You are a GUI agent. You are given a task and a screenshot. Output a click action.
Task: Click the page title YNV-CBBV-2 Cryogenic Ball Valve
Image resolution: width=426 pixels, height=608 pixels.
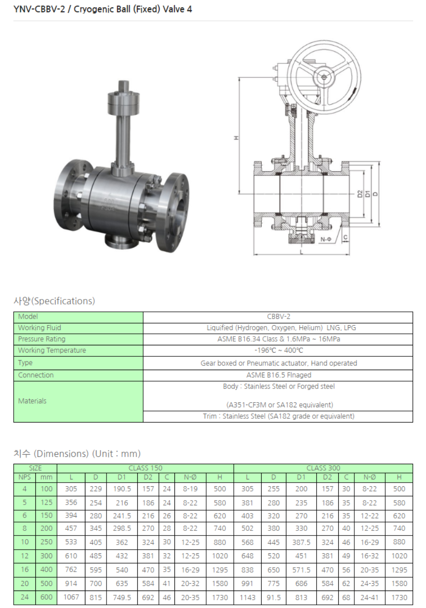click(x=103, y=9)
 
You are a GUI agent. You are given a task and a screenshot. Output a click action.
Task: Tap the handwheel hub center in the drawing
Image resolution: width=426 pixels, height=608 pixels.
click(x=324, y=77)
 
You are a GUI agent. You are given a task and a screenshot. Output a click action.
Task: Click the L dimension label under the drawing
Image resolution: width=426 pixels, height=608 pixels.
click(x=302, y=252)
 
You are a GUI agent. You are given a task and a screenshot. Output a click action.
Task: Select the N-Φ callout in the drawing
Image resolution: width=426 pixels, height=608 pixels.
click(x=326, y=239)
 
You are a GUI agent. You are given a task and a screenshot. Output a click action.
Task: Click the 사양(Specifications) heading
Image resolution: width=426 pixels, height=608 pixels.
click(x=54, y=301)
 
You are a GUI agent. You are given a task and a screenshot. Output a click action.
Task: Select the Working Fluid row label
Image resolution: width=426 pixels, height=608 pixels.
click(x=39, y=328)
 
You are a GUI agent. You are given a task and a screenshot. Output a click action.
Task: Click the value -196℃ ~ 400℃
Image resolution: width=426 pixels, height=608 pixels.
click(x=279, y=350)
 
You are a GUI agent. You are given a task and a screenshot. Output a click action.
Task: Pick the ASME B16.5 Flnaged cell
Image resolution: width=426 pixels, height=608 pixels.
click(x=279, y=375)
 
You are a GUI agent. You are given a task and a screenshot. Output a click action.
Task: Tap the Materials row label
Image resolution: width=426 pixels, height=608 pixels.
click(x=32, y=401)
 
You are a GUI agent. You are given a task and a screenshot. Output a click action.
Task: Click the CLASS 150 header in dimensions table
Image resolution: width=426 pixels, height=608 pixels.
click(x=145, y=468)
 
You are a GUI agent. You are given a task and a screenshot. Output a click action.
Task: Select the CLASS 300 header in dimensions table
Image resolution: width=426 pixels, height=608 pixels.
click(x=323, y=468)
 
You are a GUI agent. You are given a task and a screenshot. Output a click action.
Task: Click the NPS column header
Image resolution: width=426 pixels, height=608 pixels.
click(x=25, y=477)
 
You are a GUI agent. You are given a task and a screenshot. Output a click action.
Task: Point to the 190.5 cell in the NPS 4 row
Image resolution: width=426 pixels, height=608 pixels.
click(x=122, y=489)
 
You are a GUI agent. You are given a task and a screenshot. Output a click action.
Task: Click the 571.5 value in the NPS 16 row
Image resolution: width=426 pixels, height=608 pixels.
click(x=301, y=570)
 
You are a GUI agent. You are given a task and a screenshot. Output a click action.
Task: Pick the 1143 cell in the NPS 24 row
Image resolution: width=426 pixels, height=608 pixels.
click(x=247, y=597)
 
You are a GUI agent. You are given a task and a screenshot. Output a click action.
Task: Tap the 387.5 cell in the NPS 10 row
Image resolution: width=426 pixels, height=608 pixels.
click(x=301, y=542)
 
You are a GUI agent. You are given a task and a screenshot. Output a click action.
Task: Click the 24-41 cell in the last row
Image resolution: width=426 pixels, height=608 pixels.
click(x=370, y=597)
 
